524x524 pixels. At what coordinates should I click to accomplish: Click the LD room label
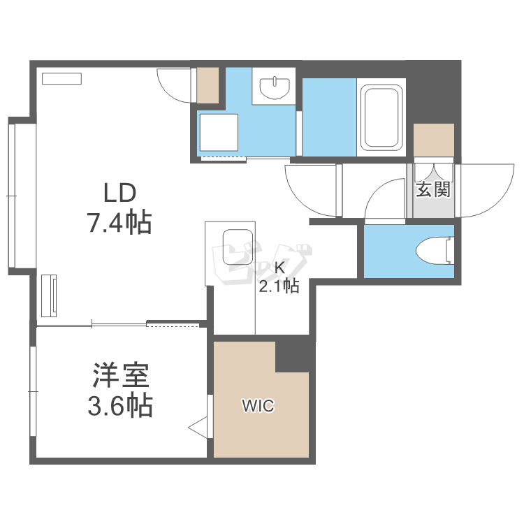pyautogui.click(x=119, y=191)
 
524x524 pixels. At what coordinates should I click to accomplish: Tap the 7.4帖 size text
pyautogui.click(x=119, y=223)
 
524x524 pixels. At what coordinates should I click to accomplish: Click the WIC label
pyautogui.click(x=258, y=406)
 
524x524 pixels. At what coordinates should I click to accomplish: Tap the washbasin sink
pyautogui.click(x=274, y=88)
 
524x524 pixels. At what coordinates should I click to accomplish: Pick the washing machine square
pyautogui.click(x=219, y=133)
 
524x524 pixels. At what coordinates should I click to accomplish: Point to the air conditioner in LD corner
pyautogui.click(x=63, y=79)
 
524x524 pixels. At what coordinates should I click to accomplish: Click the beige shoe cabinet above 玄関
pyautogui.click(x=434, y=140)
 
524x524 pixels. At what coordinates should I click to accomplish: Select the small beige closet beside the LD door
pyautogui.click(x=208, y=85)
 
